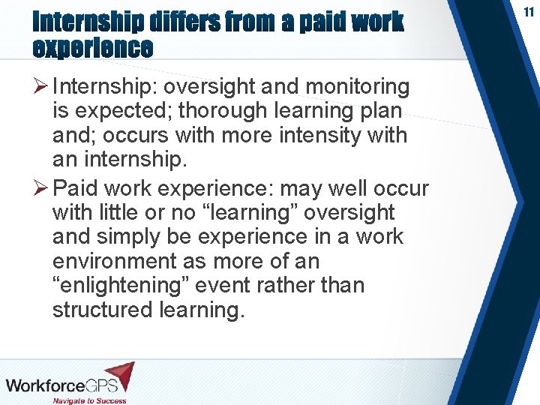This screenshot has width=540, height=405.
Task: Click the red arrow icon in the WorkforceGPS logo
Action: click(119, 376)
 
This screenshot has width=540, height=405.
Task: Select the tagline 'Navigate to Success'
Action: click(89, 400)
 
